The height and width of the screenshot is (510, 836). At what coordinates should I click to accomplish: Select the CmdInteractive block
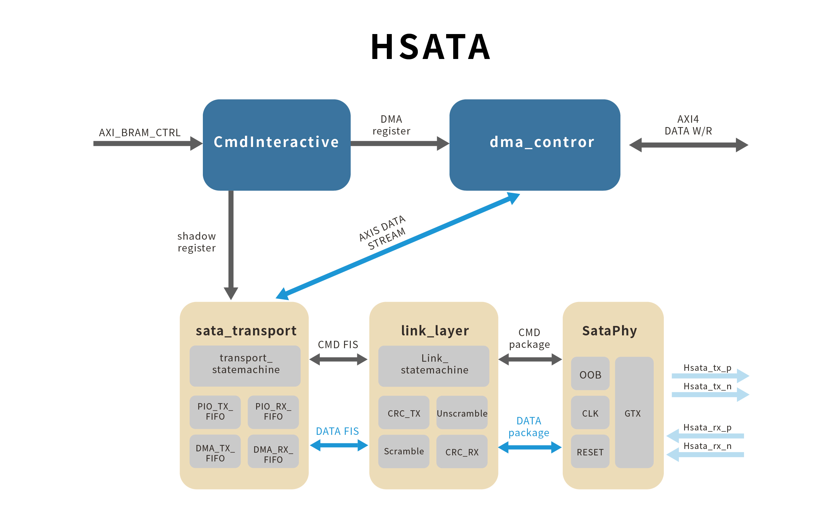(x=277, y=145)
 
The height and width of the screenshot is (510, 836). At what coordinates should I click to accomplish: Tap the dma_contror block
(x=535, y=145)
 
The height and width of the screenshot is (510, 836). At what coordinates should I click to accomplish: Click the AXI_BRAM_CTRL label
(x=140, y=133)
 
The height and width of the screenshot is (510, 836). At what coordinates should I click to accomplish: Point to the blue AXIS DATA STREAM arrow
(x=398, y=246)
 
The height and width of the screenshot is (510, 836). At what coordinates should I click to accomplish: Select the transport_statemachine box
(x=245, y=366)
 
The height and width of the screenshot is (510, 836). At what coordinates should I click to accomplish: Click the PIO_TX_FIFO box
(x=215, y=412)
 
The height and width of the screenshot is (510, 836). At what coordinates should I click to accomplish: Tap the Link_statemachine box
(x=434, y=366)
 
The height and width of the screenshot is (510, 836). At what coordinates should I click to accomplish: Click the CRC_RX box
(x=462, y=452)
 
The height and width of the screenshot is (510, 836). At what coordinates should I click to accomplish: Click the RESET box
(x=590, y=452)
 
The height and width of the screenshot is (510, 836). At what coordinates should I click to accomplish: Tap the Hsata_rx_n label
(x=707, y=446)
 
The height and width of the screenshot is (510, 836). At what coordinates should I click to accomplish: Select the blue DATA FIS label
(x=337, y=431)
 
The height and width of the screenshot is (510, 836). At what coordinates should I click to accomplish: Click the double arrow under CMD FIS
(x=338, y=359)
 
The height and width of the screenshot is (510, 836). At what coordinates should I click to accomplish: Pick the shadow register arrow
(x=231, y=244)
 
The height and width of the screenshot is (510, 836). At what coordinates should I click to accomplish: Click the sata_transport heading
(x=246, y=331)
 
